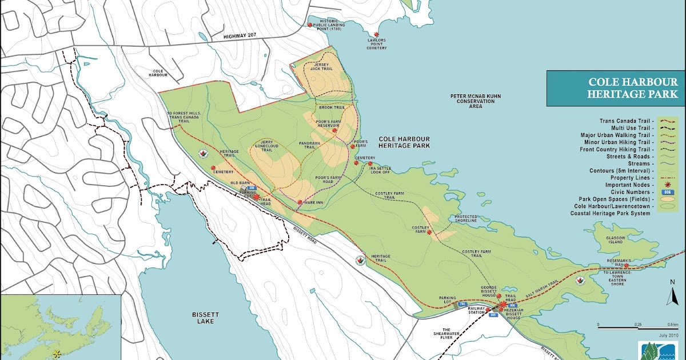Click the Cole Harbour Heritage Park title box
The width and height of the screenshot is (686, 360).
pyautogui.click(x=616, y=88)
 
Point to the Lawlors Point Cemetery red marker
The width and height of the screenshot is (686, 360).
pyautogui.click(x=376, y=35)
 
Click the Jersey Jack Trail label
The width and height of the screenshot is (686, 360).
pyautogui.click(x=321, y=67)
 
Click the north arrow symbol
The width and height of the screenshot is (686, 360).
pyautogui.click(x=672, y=293)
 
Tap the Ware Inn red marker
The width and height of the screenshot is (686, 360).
pyautogui.click(x=300, y=202)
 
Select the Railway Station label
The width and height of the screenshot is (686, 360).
pyautogui.click(x=476, y=311)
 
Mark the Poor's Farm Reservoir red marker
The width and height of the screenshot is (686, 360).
pyautogui.click(x=334, y=130)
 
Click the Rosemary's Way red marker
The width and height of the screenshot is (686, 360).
pyautogui.click(x=627, y=265)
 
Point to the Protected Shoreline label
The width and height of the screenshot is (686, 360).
pyautogui.click(x=466, y=219)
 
